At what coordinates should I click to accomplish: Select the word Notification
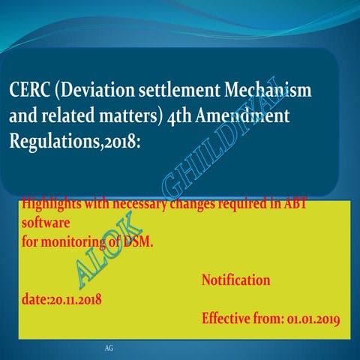236,280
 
